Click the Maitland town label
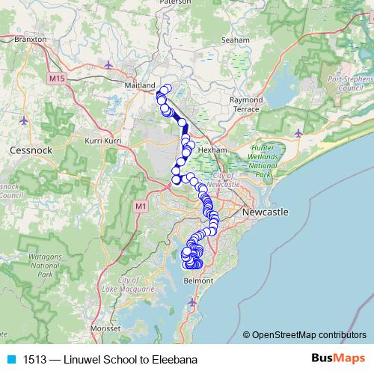tap(140, 85)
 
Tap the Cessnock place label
tap(29, 150)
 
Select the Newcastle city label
tap(265, 212)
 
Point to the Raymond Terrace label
tap(245, 104)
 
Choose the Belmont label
tap(197, 280)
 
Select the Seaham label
tap(236, 40)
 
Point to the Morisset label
tap(105, 328)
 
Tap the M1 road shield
tap(141, 205)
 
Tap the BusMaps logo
tap(338, 358)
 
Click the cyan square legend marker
tap(11, 359)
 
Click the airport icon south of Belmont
tap(194, 301)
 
